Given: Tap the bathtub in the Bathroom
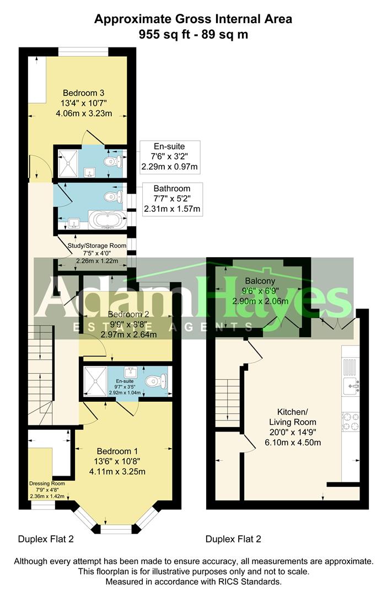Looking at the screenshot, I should click(x=109, y=220).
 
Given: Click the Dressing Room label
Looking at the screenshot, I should click(x=47, y=483).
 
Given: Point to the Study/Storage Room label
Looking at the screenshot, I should click(x=97, y=246).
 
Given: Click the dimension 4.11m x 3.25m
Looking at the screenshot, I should click(x=116, y=471).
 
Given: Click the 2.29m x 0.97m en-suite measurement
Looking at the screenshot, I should click(x=170, y=166).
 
